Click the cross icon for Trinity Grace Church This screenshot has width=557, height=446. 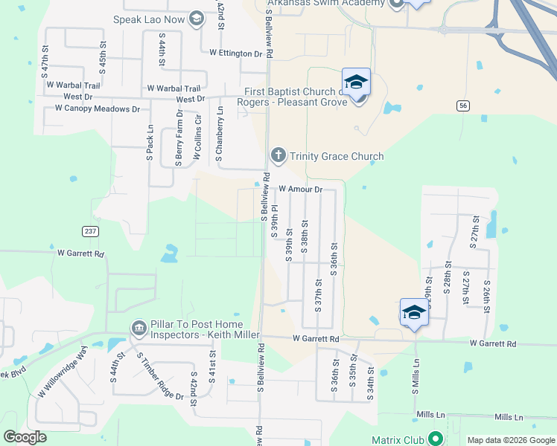(x=278, y=156)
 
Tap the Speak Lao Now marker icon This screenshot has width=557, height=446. (x=197, y=19)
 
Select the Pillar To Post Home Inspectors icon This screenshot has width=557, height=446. (x=139, y=328)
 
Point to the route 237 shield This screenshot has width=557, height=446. (x=90, y=231)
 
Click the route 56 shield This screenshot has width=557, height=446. (x=463, y=106)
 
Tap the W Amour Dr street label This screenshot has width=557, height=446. (x=300, y=190)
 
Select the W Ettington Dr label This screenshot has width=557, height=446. (x=236, y=54)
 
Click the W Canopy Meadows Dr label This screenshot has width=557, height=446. (x=97, y=109)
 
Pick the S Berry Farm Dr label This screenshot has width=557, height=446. (x=179, y=138)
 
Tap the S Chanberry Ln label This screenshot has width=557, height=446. (x=219, y=134)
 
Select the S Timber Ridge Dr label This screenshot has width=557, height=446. (x=159, y=375)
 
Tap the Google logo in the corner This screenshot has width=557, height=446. (x=25, y=437)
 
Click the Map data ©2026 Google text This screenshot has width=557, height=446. (x=511, y=440)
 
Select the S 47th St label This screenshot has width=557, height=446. (x=45, y=61)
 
